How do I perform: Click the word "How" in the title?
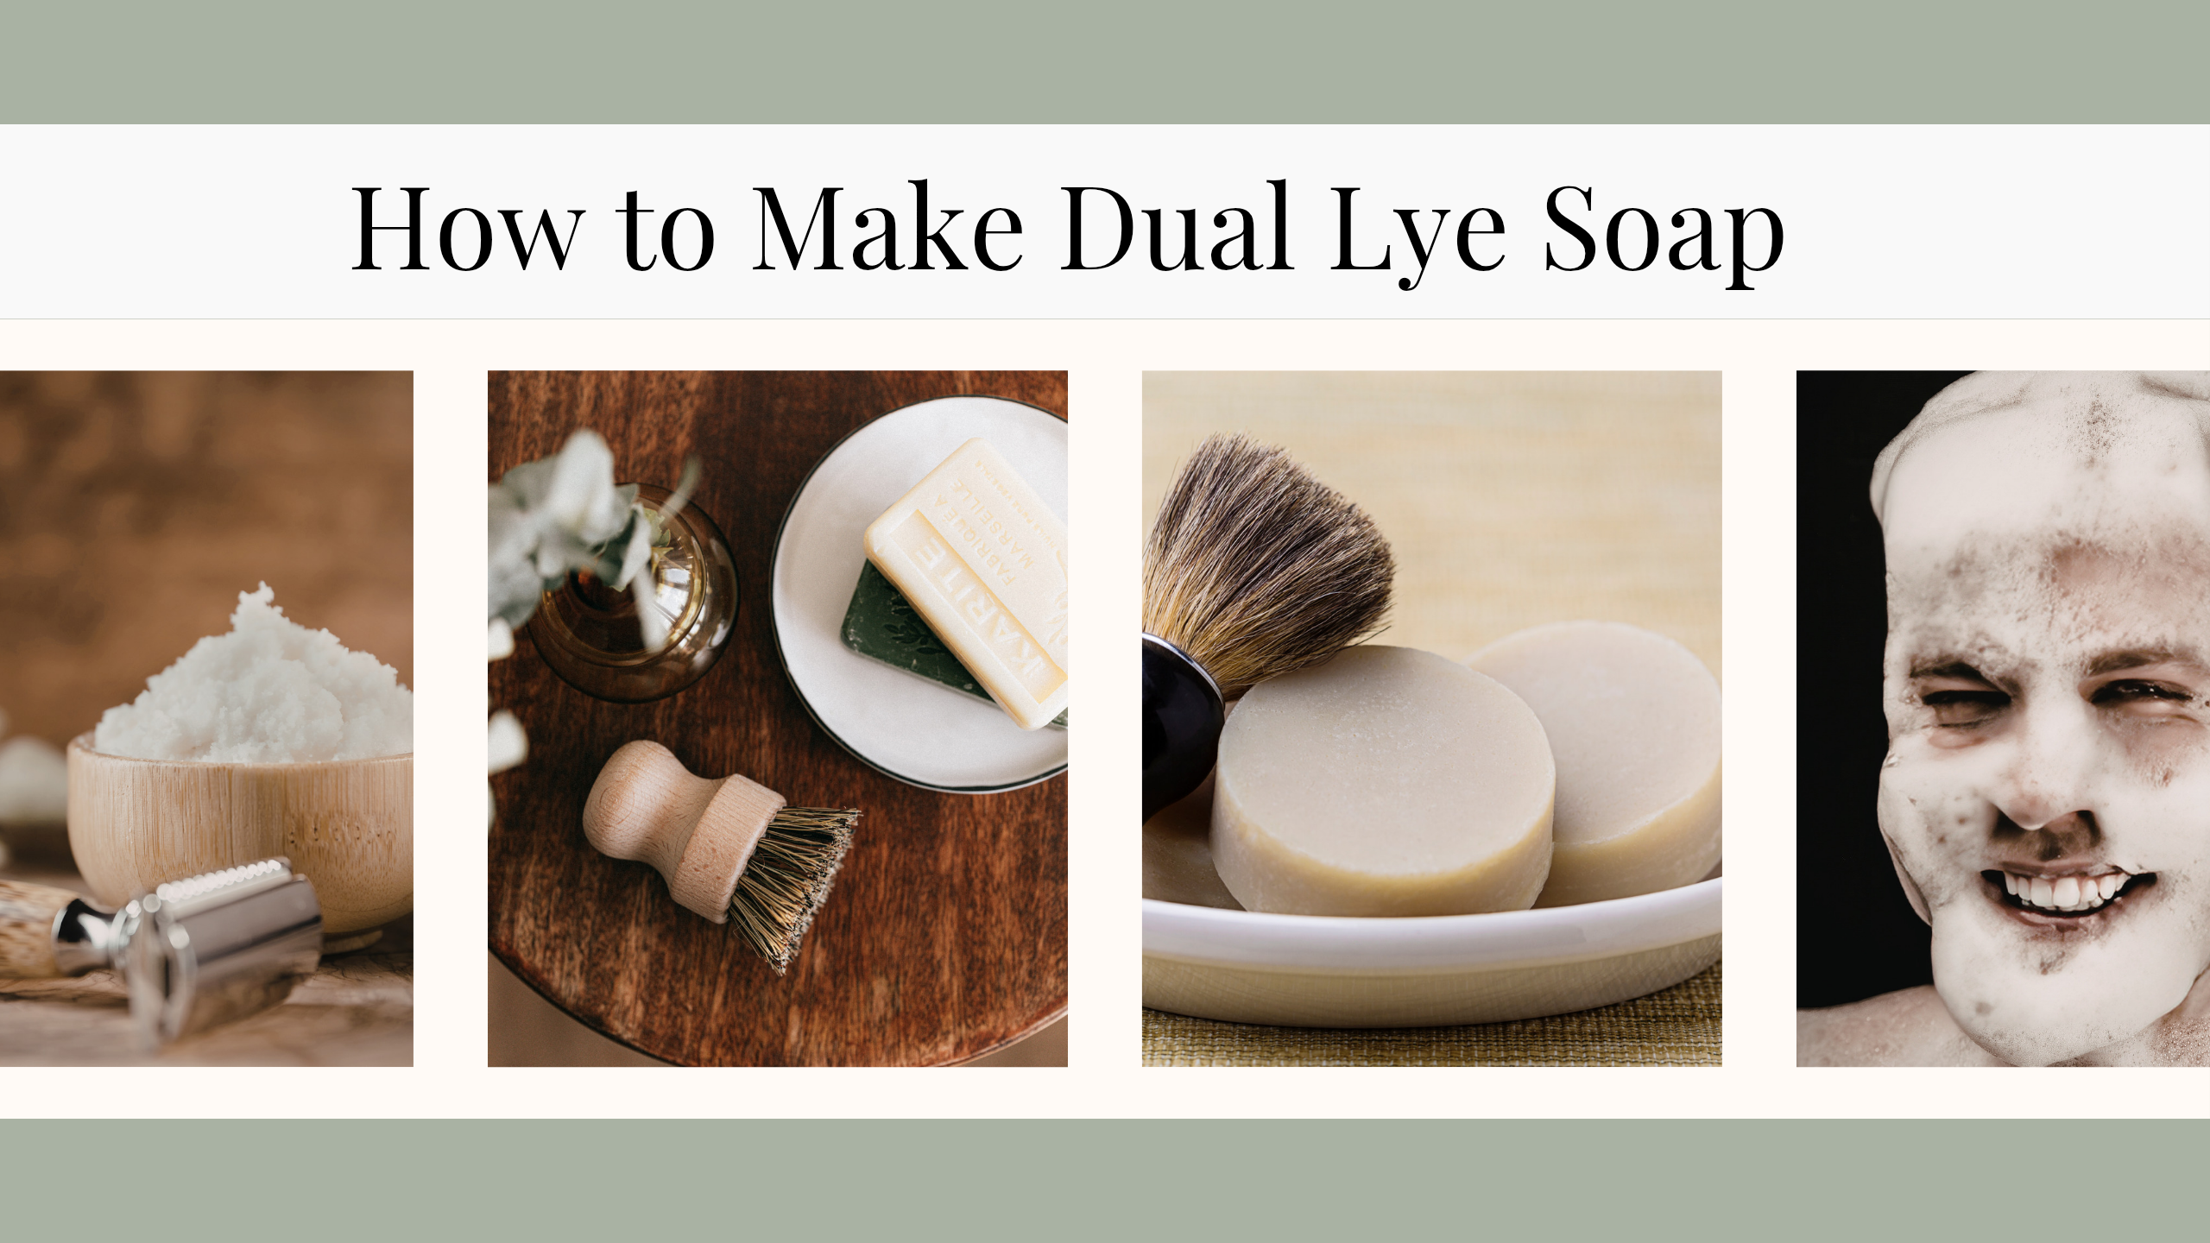coord(467,229)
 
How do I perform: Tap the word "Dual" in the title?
coord(1176,229)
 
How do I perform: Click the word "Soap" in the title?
coord(1663,233)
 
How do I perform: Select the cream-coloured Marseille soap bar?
coord(967,578)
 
